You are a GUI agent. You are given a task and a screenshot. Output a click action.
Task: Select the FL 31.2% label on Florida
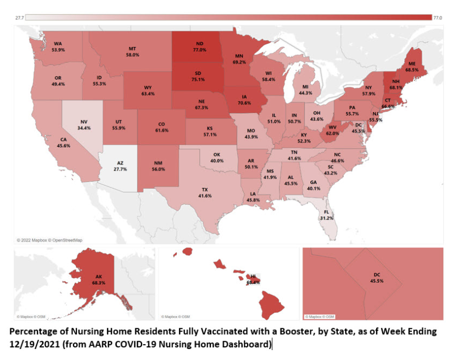326,215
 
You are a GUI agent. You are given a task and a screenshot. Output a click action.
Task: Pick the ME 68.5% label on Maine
420,67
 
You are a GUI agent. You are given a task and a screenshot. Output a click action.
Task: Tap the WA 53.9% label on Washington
58,46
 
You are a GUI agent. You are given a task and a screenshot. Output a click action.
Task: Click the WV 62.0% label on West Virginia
333,130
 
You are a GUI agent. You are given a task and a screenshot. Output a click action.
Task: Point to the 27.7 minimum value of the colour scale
20,18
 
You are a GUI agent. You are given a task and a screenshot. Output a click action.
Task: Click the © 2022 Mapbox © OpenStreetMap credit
49,240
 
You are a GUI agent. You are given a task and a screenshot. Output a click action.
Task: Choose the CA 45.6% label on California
63,143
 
